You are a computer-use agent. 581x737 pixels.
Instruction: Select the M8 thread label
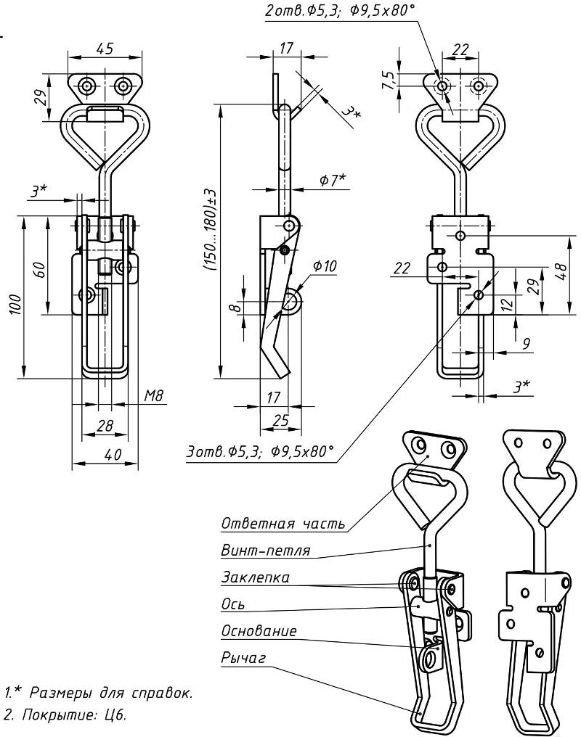153,395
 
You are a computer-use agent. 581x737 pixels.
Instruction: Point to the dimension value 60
41,271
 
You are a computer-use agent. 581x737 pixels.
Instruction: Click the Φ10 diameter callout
325,265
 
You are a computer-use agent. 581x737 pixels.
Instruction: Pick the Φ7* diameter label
333,179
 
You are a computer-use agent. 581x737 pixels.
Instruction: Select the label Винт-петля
265,551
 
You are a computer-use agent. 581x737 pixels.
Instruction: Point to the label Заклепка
255,577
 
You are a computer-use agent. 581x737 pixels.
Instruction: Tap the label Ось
233,604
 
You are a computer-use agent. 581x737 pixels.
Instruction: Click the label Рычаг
243,658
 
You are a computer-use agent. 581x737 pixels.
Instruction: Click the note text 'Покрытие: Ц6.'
69,715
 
